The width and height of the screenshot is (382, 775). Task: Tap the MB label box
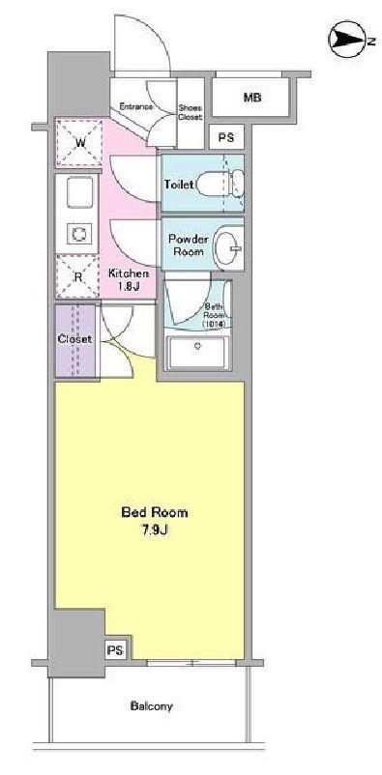tap(252, 98)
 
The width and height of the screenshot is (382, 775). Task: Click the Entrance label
tap(137, 106)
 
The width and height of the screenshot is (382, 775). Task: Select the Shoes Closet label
tap(190, 112)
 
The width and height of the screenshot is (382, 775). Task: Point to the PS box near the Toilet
tap(225, 138)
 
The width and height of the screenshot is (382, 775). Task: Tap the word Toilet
tap(180, 184)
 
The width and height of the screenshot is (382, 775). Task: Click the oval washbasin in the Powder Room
tap(228, 244)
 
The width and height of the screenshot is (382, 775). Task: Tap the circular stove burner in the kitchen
tap(78, 233)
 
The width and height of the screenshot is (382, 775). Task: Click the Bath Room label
tap(214, 317)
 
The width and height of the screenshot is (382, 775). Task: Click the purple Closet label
tap(74, 339)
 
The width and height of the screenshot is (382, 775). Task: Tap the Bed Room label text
tap(154, 512)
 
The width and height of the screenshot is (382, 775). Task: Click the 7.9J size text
tap(154, 529)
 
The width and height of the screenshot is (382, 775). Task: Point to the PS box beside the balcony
tap(115, 649)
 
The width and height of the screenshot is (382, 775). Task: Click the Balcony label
tap(152, 706)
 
